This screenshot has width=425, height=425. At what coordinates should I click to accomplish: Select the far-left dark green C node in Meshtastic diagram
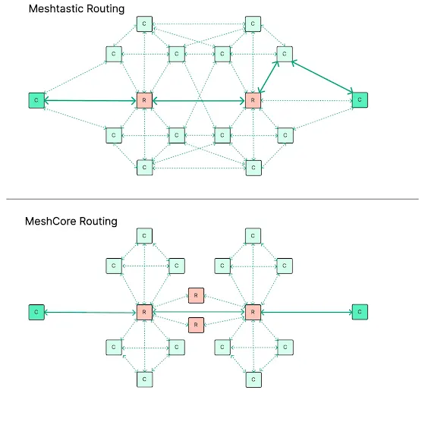click(x=36, y=100)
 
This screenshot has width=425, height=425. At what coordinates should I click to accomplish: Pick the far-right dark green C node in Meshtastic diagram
click(x=360, y=99)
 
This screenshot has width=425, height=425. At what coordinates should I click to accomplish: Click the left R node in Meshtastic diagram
click(x=144, y=100)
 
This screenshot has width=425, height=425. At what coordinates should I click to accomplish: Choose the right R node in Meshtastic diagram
click(x=253, y=100)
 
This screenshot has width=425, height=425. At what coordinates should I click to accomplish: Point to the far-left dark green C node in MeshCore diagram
click(x=36, y=312)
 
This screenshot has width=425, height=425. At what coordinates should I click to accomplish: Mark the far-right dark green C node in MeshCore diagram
click(x=360, y=312)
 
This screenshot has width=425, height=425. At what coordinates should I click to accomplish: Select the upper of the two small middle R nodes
click(x=196, y=295)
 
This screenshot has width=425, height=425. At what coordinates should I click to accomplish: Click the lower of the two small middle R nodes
click(x=196, y=325)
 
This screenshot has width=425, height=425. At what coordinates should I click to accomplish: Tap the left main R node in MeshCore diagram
click(x=144, y=312)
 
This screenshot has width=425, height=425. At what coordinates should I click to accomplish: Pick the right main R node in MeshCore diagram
click(x=253, y=312)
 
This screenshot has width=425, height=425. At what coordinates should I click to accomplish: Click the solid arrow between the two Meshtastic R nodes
click(x=199, y=101)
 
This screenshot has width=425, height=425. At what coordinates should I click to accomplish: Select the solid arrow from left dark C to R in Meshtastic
click(x=90, y=101)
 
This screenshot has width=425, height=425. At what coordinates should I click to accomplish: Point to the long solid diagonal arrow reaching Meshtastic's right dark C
click(x=323, y=77)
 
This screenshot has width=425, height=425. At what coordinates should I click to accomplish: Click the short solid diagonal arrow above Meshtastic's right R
click(x=269, y=77)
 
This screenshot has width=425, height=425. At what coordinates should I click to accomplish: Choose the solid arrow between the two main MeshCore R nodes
click(x=199, y=312)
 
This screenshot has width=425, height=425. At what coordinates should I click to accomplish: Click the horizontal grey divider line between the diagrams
click(x=212, y=199)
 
